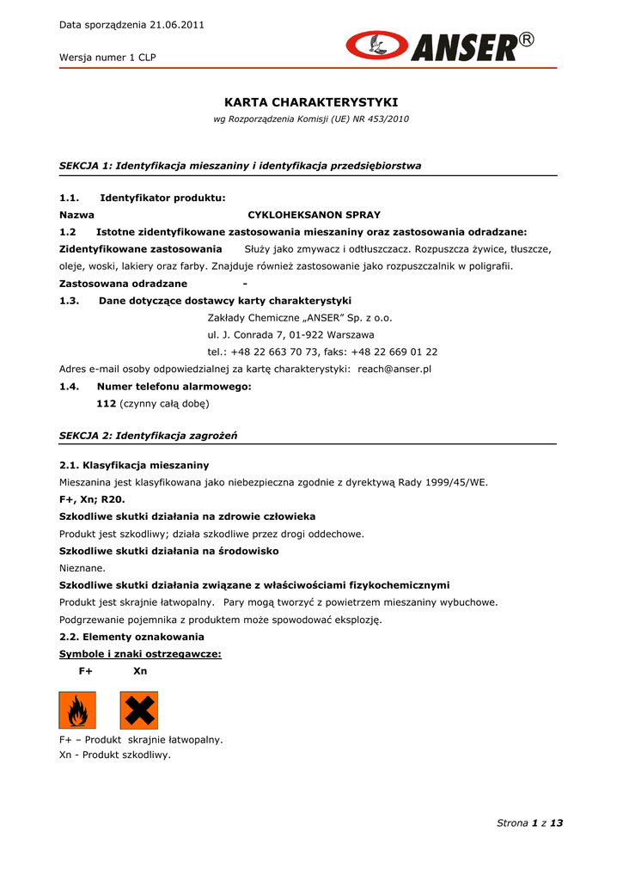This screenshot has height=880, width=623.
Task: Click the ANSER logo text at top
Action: [x=464, y=47]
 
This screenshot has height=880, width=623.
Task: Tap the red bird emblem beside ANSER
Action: [x=376, y=46]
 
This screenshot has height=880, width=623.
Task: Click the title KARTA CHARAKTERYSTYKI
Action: [x=311, y=102]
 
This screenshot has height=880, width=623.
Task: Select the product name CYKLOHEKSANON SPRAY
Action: [x=314, y=215]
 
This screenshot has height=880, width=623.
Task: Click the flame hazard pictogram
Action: [x=77, y=710]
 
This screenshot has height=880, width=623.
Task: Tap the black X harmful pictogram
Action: [x=138, y=710]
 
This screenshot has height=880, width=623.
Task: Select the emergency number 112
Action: [x=106, y=403]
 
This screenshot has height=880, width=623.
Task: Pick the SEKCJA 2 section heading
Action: [x=148, y=436]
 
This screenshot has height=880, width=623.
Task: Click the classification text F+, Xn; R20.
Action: [x=92, y=499]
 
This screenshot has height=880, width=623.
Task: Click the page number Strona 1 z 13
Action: [x=529, y=822]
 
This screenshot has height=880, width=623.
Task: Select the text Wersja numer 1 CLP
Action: [x=107, y=58]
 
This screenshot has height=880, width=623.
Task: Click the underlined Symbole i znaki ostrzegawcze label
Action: [x=140, y=654]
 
